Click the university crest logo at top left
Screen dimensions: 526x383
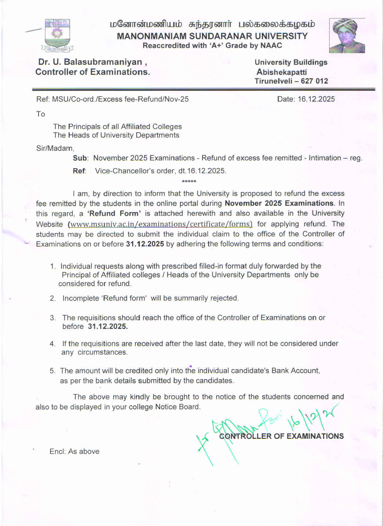click(x=57, y=35)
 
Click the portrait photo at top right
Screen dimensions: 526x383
click(x=347, y=35)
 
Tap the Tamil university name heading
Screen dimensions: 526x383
click(x=212, y=24)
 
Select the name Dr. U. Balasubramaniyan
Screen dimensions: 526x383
click(x=90, y=62)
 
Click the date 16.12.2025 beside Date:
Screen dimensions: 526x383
click(x=316, y=99)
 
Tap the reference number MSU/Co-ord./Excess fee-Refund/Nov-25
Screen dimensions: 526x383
click(x=120, y=99)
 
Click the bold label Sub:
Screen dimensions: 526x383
click(x=80, y=158)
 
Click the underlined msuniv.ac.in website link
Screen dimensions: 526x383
click(x=160, y=224)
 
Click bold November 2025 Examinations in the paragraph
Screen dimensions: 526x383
click(x=279, y=203)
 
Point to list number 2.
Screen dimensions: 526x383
click(x=53, y=298)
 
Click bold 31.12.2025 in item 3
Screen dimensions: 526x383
click(x=108, y=326)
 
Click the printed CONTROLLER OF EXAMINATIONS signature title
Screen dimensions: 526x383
click(x=281, y=436)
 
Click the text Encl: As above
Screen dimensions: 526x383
click(x=74, y=452)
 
